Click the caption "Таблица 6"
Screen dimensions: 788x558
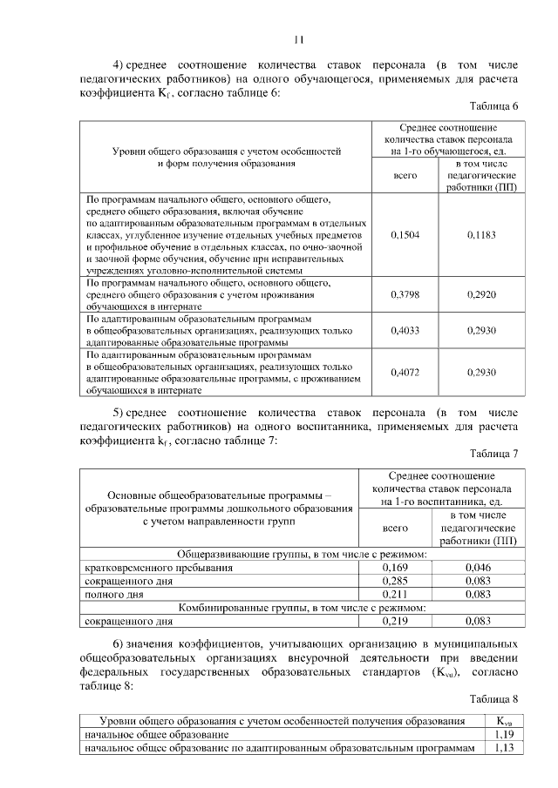coord(493,106)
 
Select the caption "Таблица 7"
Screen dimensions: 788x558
coord(493,454)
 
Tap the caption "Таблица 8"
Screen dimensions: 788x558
coord(493,698)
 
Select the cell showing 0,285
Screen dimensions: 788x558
coord(397,581)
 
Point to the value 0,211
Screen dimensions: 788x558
coord(397,594)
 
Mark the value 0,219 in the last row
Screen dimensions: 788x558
coord(397,622)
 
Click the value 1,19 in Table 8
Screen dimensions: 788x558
coord(503,735)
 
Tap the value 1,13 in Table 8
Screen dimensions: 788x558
coord(503,749)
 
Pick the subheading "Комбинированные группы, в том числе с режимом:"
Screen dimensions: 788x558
coord(303,608)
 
